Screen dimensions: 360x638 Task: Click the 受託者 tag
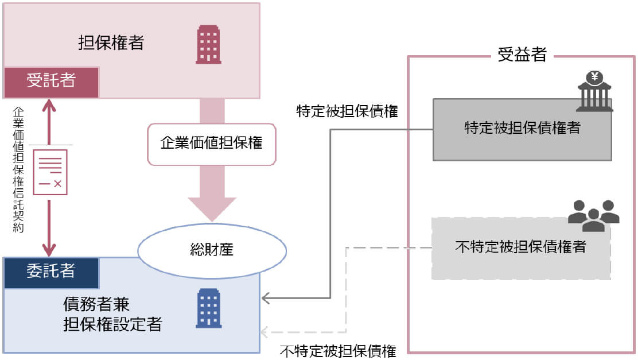tap(51, 81)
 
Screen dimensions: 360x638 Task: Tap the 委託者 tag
tap(51, 272)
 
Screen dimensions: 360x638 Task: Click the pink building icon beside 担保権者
tap(208, 44)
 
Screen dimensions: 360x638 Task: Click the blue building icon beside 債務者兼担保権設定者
tap(208, 308)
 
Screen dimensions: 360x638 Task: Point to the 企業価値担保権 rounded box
tap(212, 143)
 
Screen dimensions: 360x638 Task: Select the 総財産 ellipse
tap(212, 250)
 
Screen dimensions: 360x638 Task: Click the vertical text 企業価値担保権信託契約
tap(18, 169)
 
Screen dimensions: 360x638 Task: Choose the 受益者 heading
tap(522, 55)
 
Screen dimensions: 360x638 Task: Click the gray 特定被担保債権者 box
tap(522, 129)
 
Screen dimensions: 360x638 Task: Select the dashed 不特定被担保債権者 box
tap(520, 248)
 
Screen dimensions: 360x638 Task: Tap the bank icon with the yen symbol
tap(594, 91)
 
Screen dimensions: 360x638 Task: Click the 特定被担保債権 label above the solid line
tap(347, 111)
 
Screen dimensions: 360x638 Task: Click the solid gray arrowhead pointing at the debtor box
tap(266, 298)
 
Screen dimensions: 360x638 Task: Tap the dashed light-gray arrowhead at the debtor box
tap(266, 332)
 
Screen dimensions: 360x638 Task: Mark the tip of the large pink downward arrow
tap(212, 220)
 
